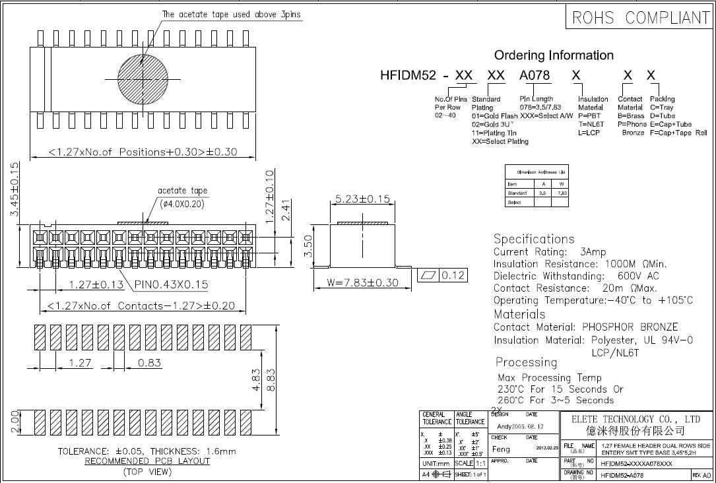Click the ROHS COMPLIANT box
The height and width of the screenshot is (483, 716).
coord(639,18)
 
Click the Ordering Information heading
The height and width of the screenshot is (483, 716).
coord(554,55)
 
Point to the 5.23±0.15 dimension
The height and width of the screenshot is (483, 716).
coord(362,199)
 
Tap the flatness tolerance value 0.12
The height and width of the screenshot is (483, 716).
coord(453,275)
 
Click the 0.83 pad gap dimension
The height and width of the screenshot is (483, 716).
coord(150,362)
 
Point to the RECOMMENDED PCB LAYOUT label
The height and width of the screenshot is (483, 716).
coord(147,461)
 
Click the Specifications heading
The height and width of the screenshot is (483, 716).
coord(534,239)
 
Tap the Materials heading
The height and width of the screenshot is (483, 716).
coord(519,314)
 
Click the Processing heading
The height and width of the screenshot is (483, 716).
coord(526,362)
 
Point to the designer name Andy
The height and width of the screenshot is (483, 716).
coord(505,427)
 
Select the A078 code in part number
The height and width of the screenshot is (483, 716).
coord(535,75)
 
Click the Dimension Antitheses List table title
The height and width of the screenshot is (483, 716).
coord(537,172)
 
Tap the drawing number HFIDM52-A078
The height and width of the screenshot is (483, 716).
coord(625,474)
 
